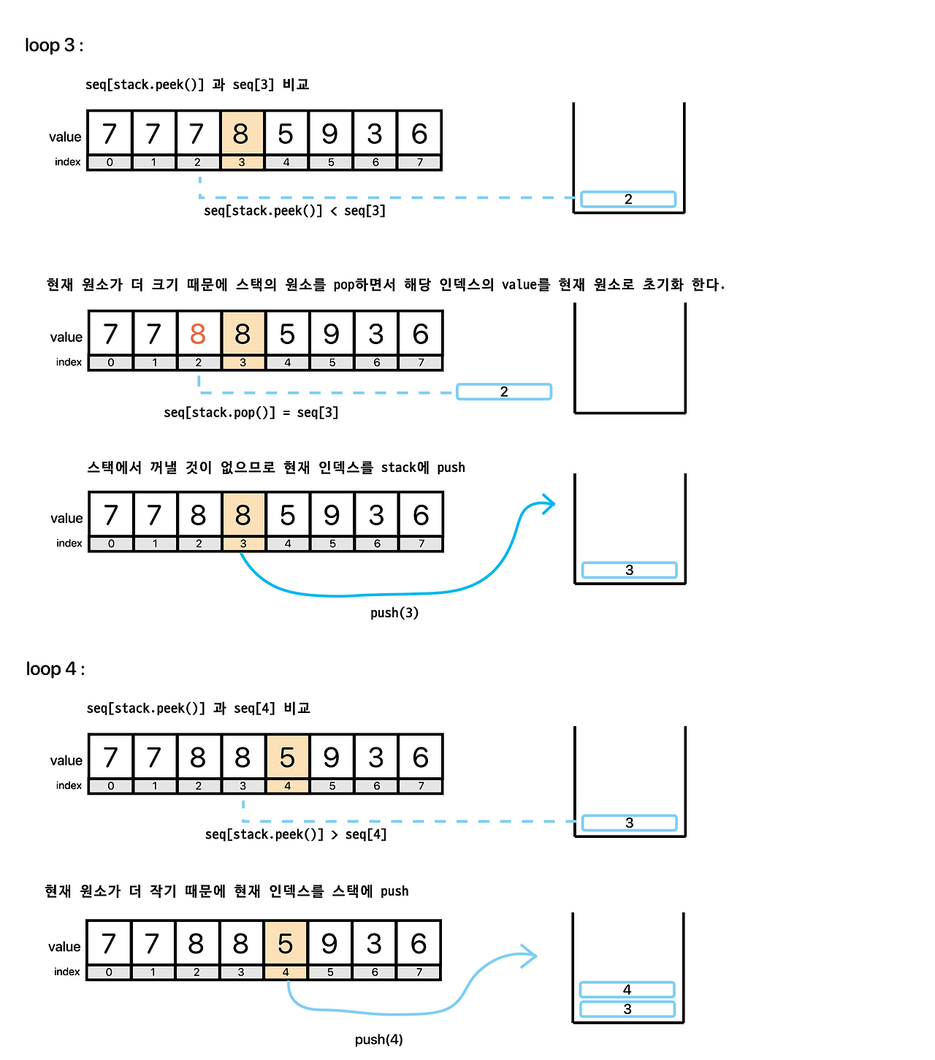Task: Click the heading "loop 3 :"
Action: coord(54,45)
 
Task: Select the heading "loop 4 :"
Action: coord(56,669)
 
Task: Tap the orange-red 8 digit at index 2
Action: coord(198,335)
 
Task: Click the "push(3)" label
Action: coord(394,613)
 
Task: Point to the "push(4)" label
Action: coord(378,1040)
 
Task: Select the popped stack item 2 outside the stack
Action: coord(504,392)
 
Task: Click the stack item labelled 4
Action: coord(627,990)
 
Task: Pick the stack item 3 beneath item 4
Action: coord(627,1010)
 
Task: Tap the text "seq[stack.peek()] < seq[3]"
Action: coord(294,211)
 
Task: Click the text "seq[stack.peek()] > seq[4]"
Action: coord(296,834)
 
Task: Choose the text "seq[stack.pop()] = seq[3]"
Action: coord(251,413)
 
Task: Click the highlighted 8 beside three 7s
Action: coord(241,134)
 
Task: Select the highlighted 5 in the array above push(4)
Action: coord(286,944)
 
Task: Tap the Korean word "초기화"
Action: coord(663,284)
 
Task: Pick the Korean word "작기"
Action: coord(163,891)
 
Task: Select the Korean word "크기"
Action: coord(164,284)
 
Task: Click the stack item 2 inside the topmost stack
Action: coord(628,199)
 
